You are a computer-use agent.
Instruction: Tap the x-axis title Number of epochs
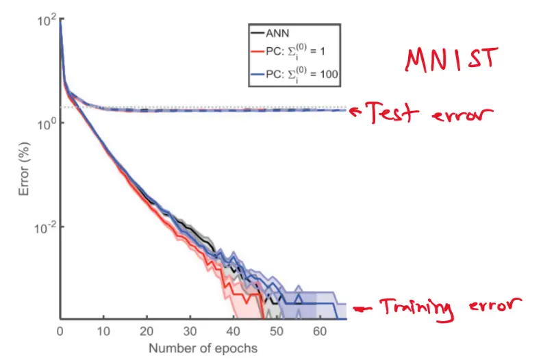tap(204, 348)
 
